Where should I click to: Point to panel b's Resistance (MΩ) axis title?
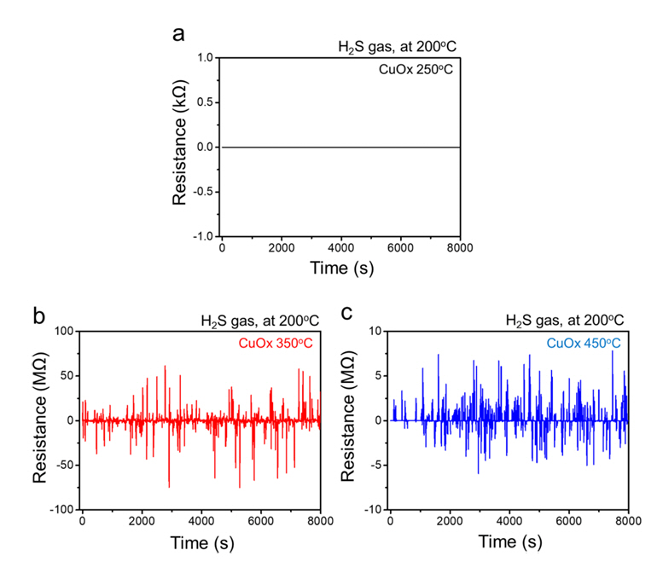40,420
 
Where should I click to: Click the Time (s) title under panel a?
340,269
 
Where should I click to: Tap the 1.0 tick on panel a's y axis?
204,58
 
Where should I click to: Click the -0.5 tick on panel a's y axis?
201,192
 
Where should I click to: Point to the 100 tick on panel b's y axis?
66,331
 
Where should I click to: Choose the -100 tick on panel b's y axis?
62,510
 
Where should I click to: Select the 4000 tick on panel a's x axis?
340,248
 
